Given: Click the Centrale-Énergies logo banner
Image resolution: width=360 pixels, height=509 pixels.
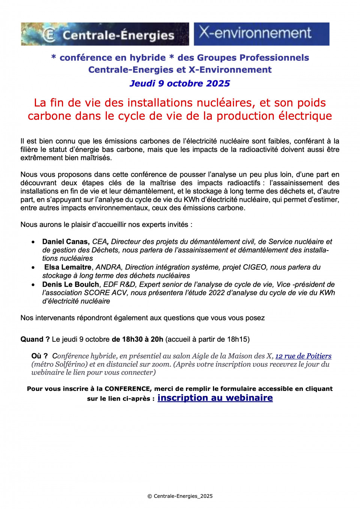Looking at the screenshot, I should tap(105, 34).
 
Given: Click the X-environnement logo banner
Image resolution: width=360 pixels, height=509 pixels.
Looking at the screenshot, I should tap(261, 34).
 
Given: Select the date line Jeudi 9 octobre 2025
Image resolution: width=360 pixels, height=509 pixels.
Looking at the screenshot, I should tap(180, 83).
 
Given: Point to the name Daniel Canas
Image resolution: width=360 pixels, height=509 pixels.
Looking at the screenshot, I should tap(65, 242).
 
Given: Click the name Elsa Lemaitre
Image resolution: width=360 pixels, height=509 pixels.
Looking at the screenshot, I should tap(68, 267).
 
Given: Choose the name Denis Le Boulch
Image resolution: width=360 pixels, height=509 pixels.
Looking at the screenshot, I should tap(70, 284).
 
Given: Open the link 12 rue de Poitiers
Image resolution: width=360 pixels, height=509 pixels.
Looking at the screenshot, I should tap(303, 356).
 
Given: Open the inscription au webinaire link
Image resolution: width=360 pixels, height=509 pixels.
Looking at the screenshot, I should tap(215, 398).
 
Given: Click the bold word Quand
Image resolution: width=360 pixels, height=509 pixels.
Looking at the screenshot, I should tap(32, 339).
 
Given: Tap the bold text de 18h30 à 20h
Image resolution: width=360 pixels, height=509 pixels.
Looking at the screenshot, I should tap(137, 339).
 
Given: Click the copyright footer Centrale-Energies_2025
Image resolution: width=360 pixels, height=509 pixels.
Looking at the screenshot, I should tap(180, 496).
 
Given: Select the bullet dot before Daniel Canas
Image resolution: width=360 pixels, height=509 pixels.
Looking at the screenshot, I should tap(33, 242).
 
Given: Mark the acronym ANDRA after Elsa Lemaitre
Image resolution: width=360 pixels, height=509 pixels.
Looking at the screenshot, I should tap(108, 267).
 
